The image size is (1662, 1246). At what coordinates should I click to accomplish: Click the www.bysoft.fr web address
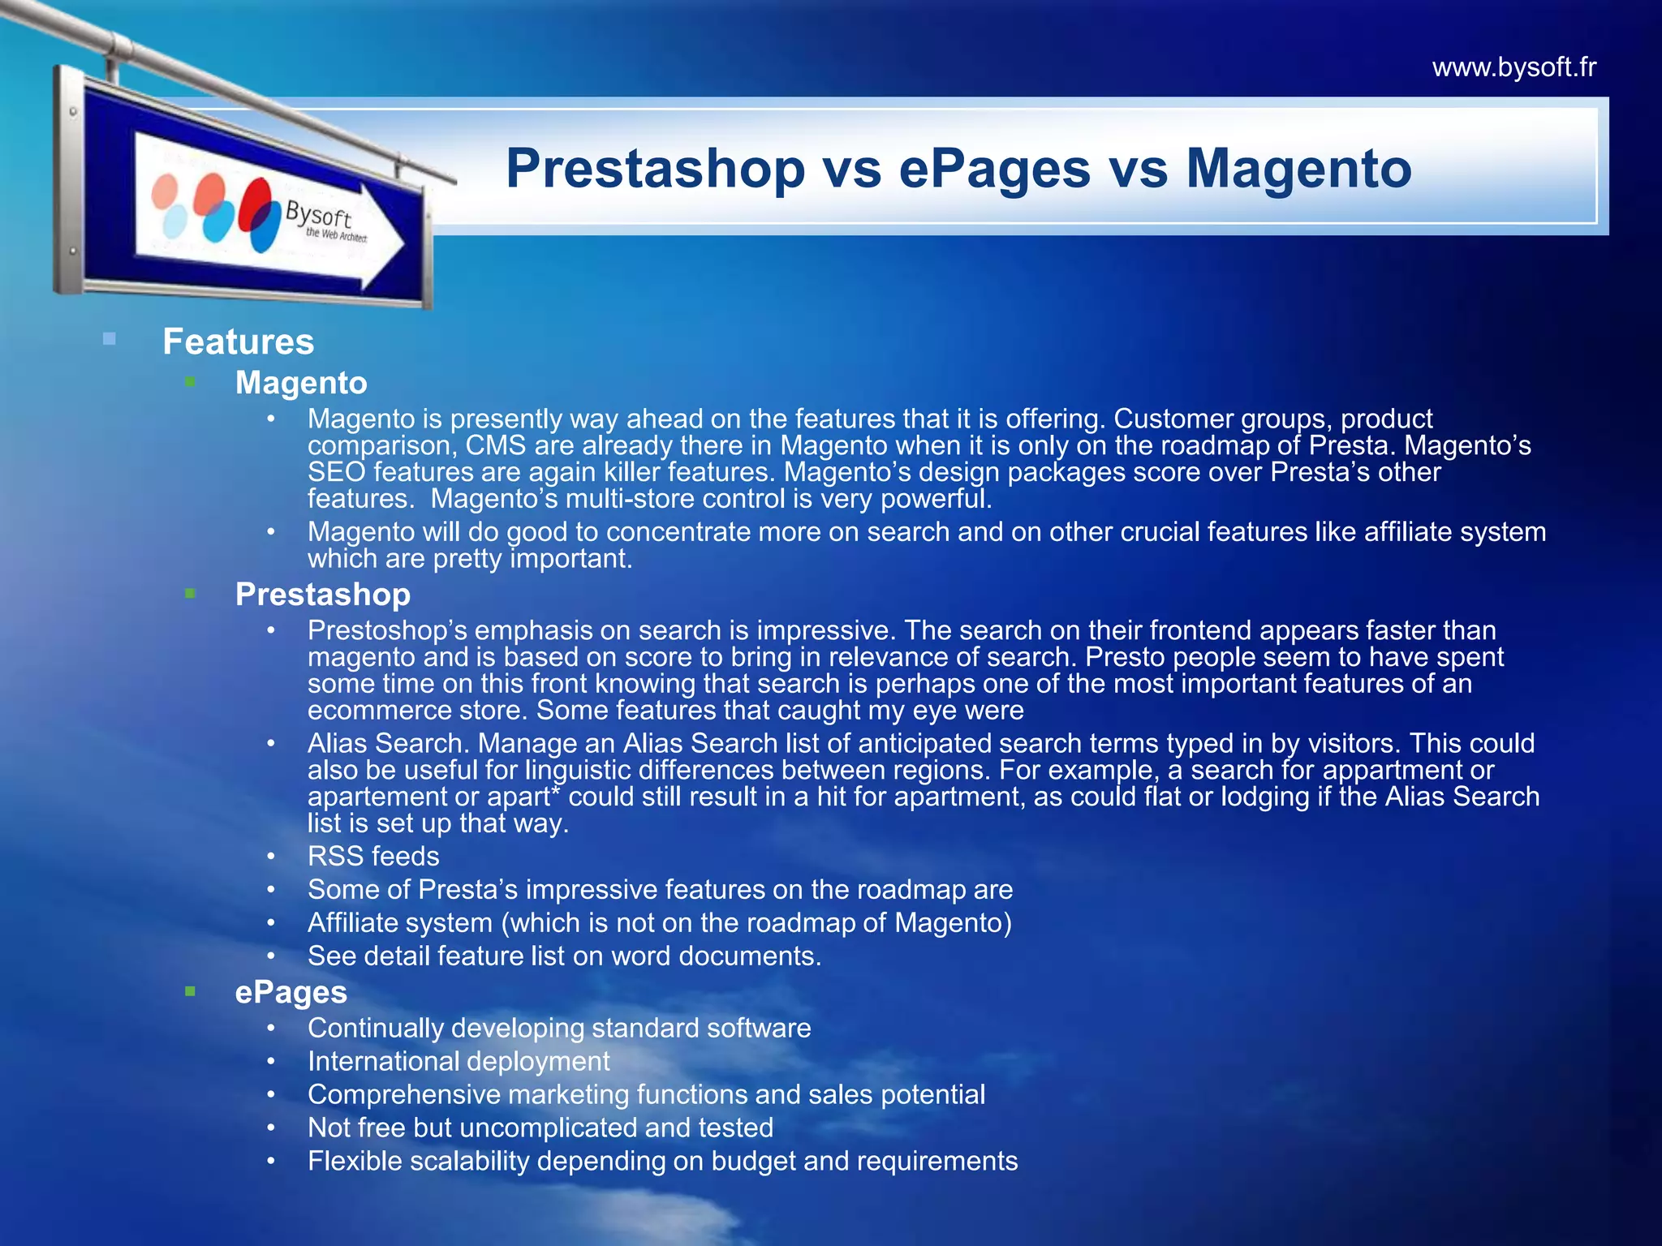coord(1513,67)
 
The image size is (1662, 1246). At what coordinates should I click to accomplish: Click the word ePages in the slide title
coord(995,169)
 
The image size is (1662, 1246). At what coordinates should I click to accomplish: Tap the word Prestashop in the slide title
coord(655,169)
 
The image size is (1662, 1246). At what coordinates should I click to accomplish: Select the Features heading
coord(238,342)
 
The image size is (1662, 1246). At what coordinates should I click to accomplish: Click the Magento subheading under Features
coord(301,383)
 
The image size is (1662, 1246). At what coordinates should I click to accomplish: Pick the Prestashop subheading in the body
coord(322,595)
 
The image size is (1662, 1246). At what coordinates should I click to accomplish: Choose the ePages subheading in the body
coord(291,992)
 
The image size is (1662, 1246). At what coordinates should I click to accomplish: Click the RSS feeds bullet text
coord(373,857)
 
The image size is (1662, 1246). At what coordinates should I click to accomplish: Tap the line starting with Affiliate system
coord(659,923)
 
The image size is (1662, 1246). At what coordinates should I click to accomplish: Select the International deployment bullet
coord(459,1062)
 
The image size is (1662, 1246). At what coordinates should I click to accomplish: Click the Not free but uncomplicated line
coord(540,1128)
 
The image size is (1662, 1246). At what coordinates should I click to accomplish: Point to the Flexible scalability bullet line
coord(662,1162)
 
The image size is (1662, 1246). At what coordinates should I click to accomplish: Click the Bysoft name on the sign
coord(318,215)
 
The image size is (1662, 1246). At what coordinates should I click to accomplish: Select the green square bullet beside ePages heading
coord(190,990)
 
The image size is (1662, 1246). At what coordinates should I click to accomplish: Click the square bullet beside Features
coord(110,339)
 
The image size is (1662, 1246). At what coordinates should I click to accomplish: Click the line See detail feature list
coord(564,956)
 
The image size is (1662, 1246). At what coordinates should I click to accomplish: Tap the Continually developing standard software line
coord(559,1029)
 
